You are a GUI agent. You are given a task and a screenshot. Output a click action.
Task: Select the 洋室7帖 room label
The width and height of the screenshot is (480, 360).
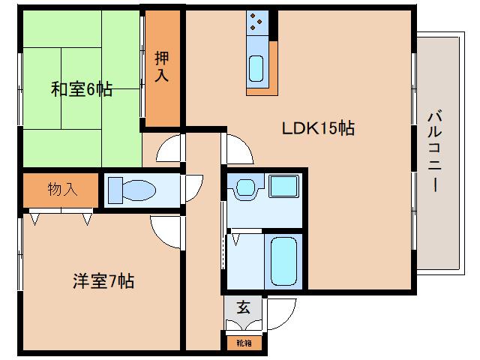click(x=103, y=282)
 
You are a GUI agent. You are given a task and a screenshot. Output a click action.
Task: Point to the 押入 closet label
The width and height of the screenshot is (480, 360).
click(x=162, y=66)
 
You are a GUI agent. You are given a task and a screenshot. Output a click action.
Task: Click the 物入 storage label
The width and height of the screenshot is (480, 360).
click(x=62, y=189)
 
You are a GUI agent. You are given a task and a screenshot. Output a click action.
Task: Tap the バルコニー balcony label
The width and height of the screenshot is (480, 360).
click(x=433, y=151)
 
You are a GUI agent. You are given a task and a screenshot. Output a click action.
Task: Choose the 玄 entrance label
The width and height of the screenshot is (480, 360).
click(x=243, y=307)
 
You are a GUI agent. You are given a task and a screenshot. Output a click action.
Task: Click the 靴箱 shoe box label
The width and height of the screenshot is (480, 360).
click(x=244, y=343)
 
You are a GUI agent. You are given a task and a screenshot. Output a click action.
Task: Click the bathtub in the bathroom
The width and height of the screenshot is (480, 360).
click(x=284, y=260)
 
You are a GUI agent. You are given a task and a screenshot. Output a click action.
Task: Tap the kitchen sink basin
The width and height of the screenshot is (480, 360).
click(x=256, y=69)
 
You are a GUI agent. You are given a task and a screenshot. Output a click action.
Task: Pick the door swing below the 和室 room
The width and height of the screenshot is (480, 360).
click(x=169, y=149)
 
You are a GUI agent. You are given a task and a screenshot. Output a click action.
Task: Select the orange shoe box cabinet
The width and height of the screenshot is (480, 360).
click(x=244, y=343)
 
